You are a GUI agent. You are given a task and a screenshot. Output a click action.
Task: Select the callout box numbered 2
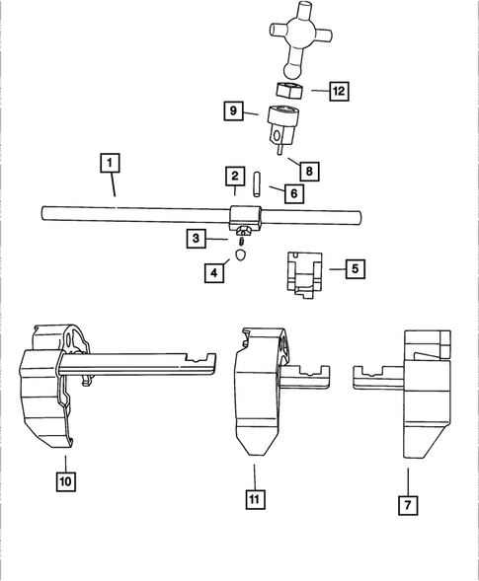[234, 177]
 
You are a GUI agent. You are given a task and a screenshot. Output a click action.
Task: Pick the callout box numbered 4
[212, 273]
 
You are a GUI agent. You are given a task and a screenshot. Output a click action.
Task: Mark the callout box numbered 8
[310, 171]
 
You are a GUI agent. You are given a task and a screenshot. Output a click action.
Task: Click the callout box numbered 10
[66, 482]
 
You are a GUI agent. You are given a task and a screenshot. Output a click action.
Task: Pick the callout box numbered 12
[339, 91]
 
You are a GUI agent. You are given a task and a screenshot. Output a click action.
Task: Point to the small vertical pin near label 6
[256, 185]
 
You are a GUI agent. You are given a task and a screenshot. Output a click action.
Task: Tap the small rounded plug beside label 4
[238, 258]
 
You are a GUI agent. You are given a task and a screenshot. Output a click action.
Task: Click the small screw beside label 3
[241, 237]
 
